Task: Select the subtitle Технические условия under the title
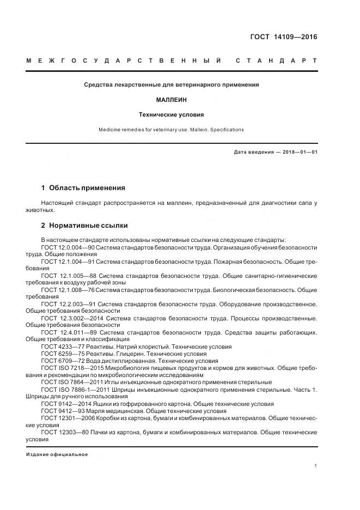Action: (x=171, y=116)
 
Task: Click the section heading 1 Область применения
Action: (x=83, y=188)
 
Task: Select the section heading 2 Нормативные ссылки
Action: (x=84, y=225)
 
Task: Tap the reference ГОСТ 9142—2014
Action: (x=61, y=404)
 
